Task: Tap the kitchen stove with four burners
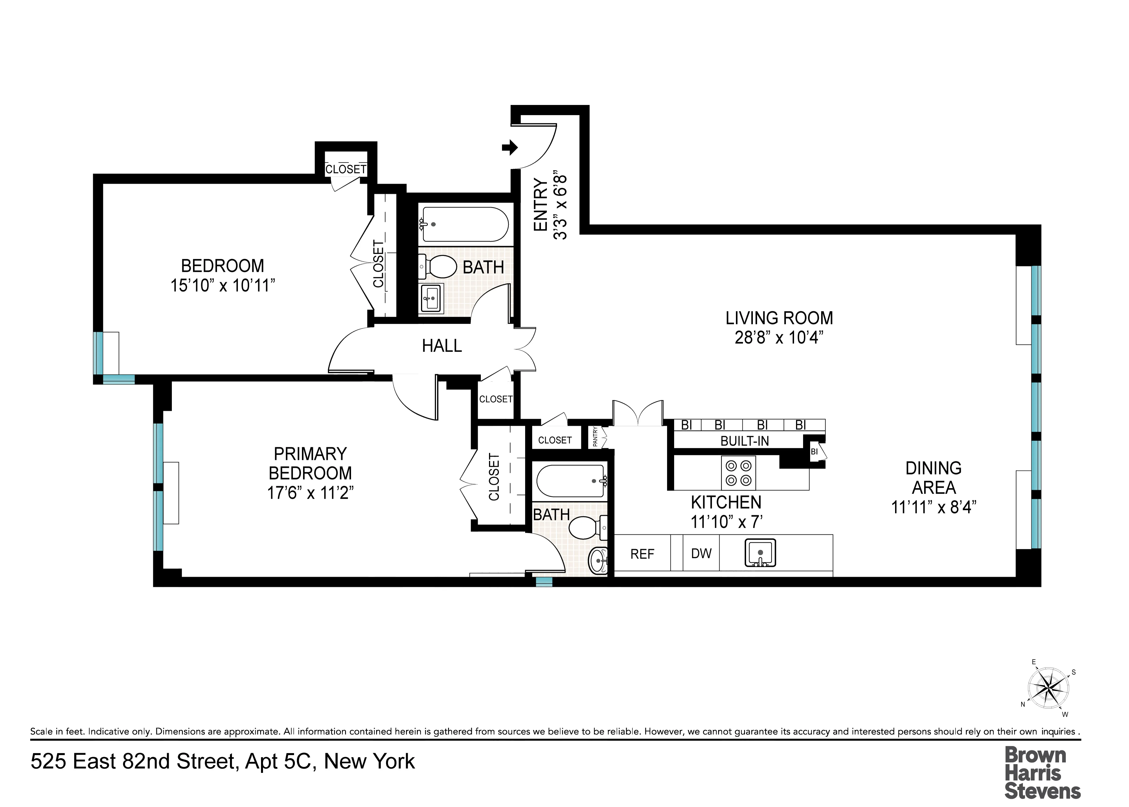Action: point(738,472)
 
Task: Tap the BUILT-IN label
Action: point(744,441)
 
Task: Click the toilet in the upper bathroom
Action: point(440,267)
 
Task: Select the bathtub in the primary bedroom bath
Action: point(571,481)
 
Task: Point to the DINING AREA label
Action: point(933,478)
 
